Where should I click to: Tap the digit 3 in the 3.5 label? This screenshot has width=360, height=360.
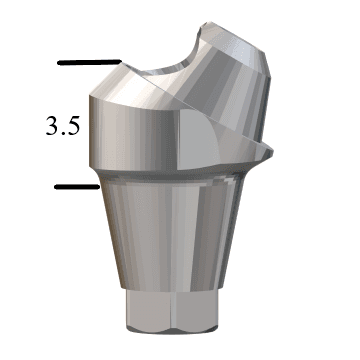point(53,127)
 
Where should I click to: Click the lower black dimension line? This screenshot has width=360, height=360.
point(76,186)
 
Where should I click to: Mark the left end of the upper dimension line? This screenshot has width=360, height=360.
point(59,64)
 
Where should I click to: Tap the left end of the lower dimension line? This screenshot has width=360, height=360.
point(55,186)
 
